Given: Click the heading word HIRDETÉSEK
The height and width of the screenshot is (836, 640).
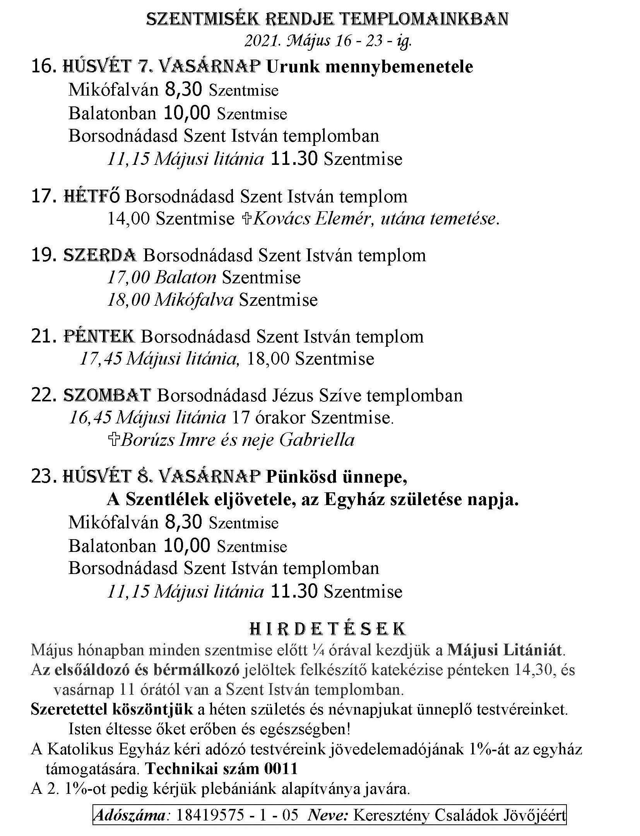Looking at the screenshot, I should click(x=328, y=629).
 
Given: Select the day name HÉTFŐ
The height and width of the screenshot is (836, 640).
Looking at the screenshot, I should click(x=92, y=197).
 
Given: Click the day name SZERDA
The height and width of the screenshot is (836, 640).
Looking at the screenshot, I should click(x=99, y=255).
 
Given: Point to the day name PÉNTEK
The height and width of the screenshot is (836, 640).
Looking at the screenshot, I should click(x=99, y=336).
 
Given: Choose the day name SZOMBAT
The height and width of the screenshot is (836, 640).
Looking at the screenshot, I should click(x=106, y=395).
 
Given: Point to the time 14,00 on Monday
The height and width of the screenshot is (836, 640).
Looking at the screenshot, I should click(x=128, y=219).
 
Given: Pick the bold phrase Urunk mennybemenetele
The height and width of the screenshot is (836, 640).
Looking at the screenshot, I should click(x=370, y=67).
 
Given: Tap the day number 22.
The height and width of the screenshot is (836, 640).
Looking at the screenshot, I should click(x=41, y=396).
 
